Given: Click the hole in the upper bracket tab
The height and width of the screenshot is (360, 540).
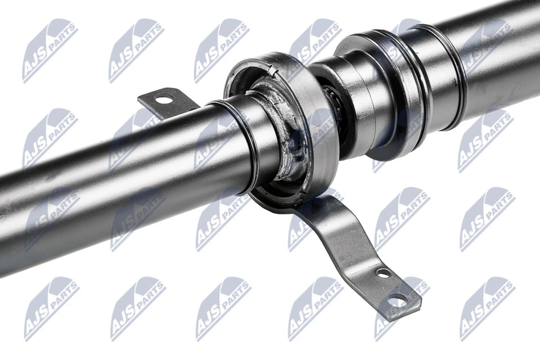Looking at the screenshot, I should [164, 100].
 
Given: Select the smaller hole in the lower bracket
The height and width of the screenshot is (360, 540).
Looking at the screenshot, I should [384, 273].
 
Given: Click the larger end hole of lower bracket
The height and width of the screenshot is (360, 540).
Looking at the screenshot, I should [399, 298].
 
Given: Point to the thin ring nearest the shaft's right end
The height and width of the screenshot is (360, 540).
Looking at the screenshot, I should [450, 73].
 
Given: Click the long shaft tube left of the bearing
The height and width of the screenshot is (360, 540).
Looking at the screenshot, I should [112, 169].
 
